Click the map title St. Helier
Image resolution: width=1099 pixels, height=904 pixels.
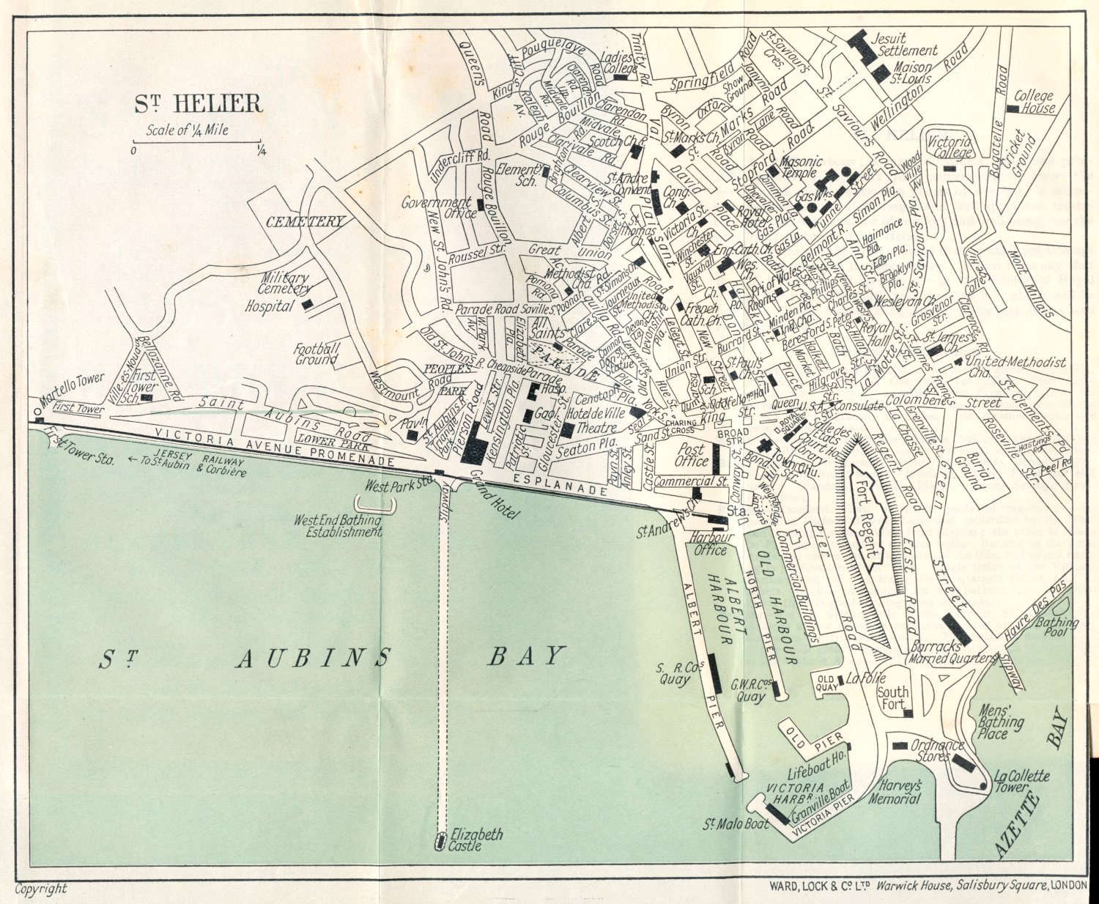point(198,104)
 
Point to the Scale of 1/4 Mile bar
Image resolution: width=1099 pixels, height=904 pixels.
point(196,142)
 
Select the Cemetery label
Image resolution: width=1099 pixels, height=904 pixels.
point(305,222)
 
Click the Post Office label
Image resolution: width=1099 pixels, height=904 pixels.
point(692,455)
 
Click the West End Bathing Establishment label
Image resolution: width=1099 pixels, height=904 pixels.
point(338,526)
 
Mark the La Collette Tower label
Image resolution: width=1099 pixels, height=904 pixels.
point(1021,782)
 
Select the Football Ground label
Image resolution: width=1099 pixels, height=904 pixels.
point(317,355)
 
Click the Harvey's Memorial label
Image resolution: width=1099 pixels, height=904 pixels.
point(894,792)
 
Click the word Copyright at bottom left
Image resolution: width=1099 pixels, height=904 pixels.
point(41,889)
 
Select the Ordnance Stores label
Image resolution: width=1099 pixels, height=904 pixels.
point(937,750)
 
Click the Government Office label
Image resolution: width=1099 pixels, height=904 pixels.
point(437,207)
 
